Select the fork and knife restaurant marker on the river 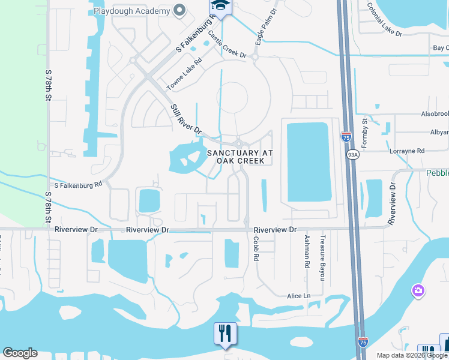(x=225, y=334)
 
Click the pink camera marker (x=418, y=291)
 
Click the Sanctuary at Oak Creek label (x=240, y=157)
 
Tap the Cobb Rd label (x=256, y=248)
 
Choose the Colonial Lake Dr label (x=385, y=20)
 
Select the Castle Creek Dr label (x=227, y=45)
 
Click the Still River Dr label (x=185, y=119)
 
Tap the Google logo (x=20, y=353)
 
